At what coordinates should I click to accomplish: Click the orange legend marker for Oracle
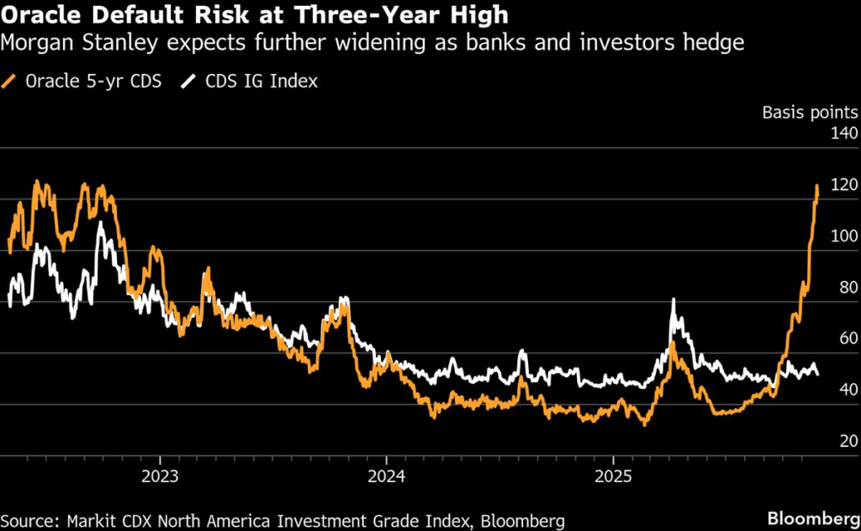[x=11, y=82]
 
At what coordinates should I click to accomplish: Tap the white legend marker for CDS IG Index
[x=189, y=82]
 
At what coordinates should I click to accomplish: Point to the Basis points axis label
[x=810, y=112]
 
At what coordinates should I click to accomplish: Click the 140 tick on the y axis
[x=843, y=134]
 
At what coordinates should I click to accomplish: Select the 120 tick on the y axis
[x=843, y=185]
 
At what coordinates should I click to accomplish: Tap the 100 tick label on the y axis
[x=843, y=236]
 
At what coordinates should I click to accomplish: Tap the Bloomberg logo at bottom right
[x=810, y=515]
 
